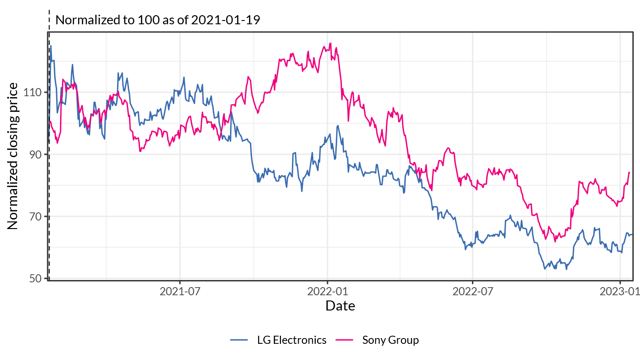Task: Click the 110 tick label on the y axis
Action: pyautogui.click(x=32, y=92)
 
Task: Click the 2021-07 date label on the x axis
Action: pyautogui.click(x=180, y=291)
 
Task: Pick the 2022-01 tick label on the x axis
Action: pyautogui.click(x=328, y=291)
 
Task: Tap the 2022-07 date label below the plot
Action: pyautogui.click(x=473, y=291)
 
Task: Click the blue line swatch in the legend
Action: pyautogui.click(x=239, y=340)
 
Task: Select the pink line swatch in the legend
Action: pyautogui.click(x=344, y=340)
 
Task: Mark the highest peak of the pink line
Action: pyautogui.click(x=330, y=43)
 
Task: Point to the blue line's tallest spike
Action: pyautogui.click(x=51, y=46)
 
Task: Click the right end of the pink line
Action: pyautogui.click(x=630, y=172)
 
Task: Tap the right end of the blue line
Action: pyautogui.click(x=631, y=234)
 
